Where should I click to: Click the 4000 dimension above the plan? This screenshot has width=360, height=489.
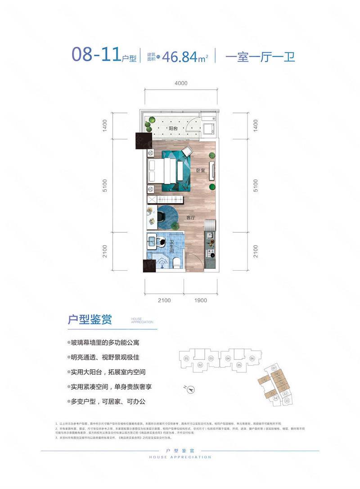[181, 83]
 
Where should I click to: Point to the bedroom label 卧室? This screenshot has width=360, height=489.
[201, 171]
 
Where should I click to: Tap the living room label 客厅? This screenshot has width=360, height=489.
[191, 217]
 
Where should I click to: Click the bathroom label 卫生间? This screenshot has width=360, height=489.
[172, 248]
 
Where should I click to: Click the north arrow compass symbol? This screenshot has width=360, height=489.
[191, 389]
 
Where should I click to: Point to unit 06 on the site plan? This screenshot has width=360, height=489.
[252, 358]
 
